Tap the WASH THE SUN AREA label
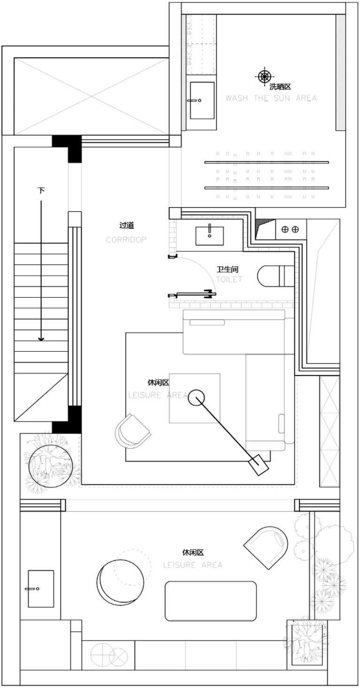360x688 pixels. click(x=271, y=98)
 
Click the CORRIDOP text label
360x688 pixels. click(x=126, y=240)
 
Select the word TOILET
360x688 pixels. click(x=229, y=279)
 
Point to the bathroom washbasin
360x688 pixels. click(x=210, y=236)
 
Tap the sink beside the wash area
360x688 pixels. click(x=202, y=100)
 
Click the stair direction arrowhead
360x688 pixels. click(x=41, y=339)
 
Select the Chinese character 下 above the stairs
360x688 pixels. click(x=41, y=191)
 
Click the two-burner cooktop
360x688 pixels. click(x=291, y=229)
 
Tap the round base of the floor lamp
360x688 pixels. click(x=196, y=398)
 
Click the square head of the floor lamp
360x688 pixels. click(x=259, y=465)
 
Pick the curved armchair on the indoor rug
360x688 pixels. click(x=132, y=431)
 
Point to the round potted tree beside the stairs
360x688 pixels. click(x=51, y=466)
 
